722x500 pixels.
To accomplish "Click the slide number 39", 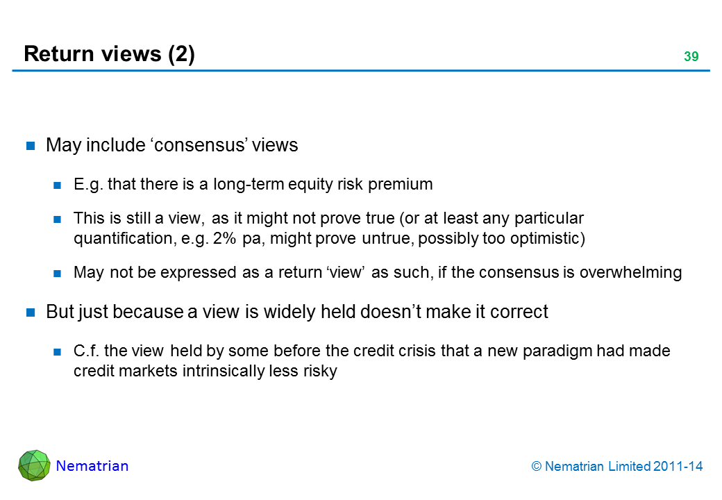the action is pos(691,56).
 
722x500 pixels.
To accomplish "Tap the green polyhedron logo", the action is pos(34,465).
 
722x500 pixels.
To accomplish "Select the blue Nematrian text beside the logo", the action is pos(92,466).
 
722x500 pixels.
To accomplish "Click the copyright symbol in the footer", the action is pos(537,467).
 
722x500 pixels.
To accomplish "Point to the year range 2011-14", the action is pos(678,467).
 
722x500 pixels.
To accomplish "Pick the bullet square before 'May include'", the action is pos(31,146).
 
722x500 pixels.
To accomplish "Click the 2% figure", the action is pos(224,238).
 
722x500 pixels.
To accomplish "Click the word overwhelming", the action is pos(630,272).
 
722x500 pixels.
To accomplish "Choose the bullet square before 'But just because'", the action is pos(31,312).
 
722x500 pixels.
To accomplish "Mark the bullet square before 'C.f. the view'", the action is pos(57,352).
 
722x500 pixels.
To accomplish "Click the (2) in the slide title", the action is pos(181,54).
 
